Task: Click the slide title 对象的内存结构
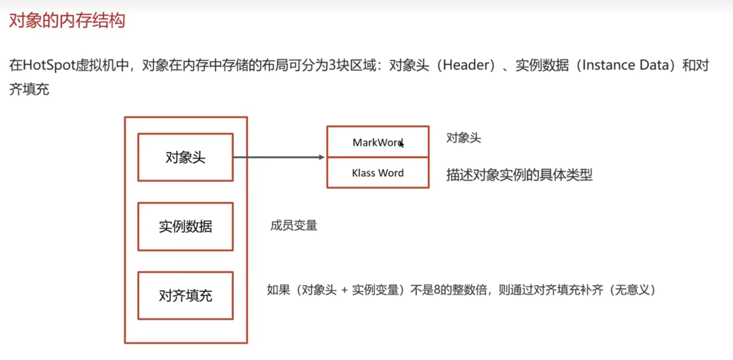click(x=67, y=21)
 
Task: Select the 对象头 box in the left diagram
click(x=185, y=158)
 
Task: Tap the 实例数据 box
click(x=185, y=226)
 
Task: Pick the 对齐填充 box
click(x=185, y=295)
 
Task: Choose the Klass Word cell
click(x=378, y=173)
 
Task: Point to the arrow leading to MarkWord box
click(x=279, y=157)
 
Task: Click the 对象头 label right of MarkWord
click(x=463, y=138)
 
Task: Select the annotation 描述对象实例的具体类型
click(x=519, y=175)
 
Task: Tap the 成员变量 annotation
click(x=294, y=225)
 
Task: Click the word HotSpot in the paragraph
click(x=49, y=65)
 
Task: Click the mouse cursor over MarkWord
click(x=402, y=144)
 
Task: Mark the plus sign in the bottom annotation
click(x=344, y=290)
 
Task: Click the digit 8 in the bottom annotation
click(x=437, y=290)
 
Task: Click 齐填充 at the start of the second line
click(x=29, y=89)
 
